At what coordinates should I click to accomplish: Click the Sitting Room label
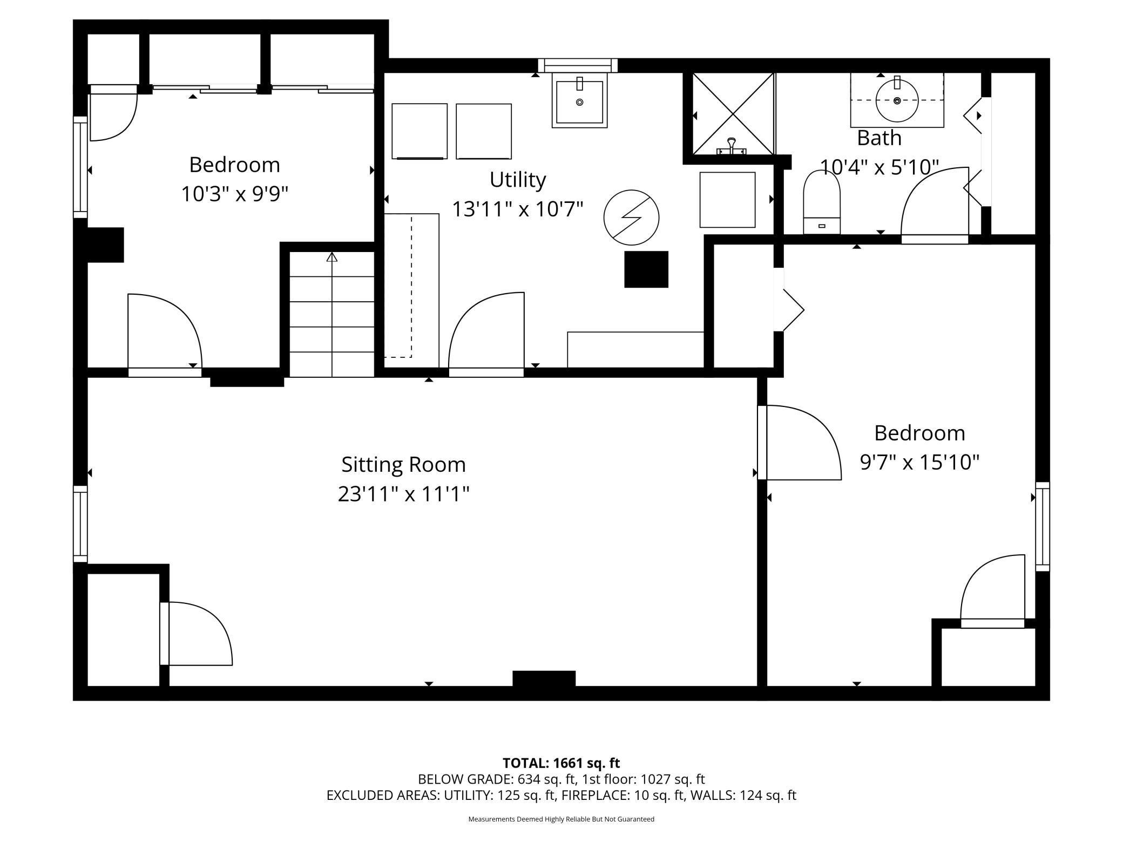(403, 464)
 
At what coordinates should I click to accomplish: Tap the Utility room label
(518, 180)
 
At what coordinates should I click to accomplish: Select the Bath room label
(879, 138)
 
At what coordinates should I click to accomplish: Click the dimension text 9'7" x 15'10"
(919, 462)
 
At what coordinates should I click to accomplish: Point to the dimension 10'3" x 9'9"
(234, 194)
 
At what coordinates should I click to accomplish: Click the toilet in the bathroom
(822, 202)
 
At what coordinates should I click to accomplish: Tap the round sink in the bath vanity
(897, 100)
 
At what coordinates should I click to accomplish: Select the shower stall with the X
(733, 114)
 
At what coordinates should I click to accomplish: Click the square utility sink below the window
(579, 100)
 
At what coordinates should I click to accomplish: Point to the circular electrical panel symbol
(631, 218)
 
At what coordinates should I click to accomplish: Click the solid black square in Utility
(646, 269)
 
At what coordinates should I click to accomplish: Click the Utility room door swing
(486, 330)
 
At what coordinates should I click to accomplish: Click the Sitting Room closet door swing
(200, 633)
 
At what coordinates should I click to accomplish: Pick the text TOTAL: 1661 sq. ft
(561, 763)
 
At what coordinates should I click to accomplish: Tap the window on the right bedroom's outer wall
(1043, 527)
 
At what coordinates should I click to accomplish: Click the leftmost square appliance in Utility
(420, 131)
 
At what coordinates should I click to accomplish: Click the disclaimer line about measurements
(561, 819)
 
